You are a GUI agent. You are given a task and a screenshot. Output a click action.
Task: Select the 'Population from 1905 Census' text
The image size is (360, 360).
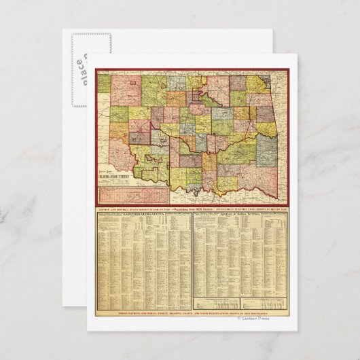click(x=193, y=208)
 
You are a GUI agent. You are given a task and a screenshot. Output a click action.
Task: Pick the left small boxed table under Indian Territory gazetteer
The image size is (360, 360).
click(x=217, y=304)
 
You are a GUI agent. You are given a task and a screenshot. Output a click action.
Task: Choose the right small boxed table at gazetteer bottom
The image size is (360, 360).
click(x=265, y=304)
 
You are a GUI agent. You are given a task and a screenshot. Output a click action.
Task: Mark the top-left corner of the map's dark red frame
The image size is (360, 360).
click(x=94, y=70)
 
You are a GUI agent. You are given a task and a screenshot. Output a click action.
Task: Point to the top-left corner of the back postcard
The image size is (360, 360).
click(x=63, y=31)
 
